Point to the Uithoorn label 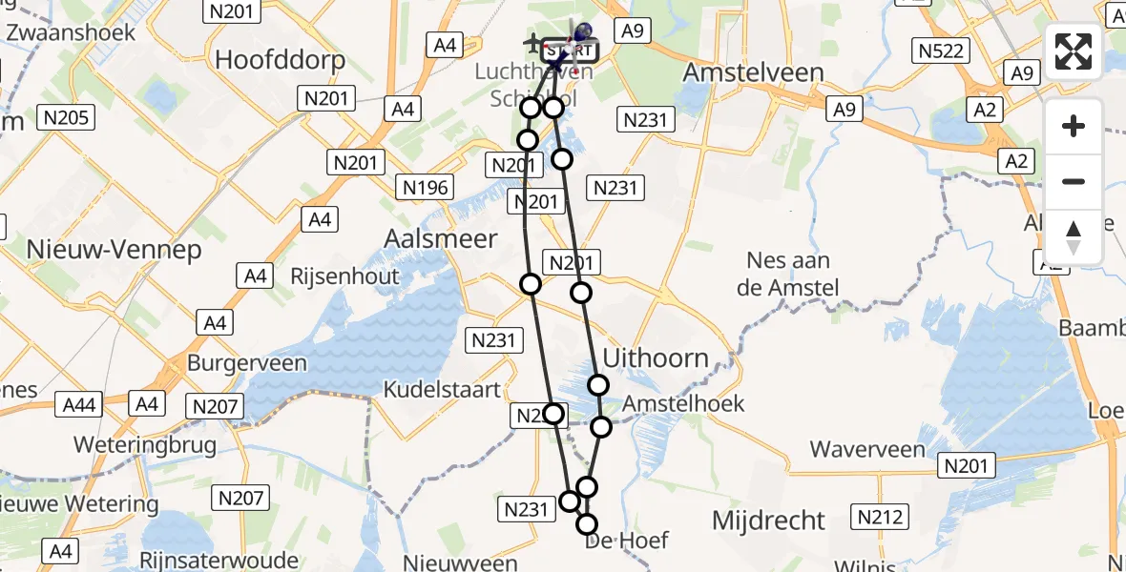(657, 359)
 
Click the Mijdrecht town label (769, 521)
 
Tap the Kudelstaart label (441, 389)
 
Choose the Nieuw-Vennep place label (115, 250)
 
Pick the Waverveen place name (867, 449)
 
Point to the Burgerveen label (247, 363)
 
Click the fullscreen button (1074, 51)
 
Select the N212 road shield (879, 517)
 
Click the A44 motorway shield (79, 405)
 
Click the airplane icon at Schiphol (532, 43)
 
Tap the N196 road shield (425, 187)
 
